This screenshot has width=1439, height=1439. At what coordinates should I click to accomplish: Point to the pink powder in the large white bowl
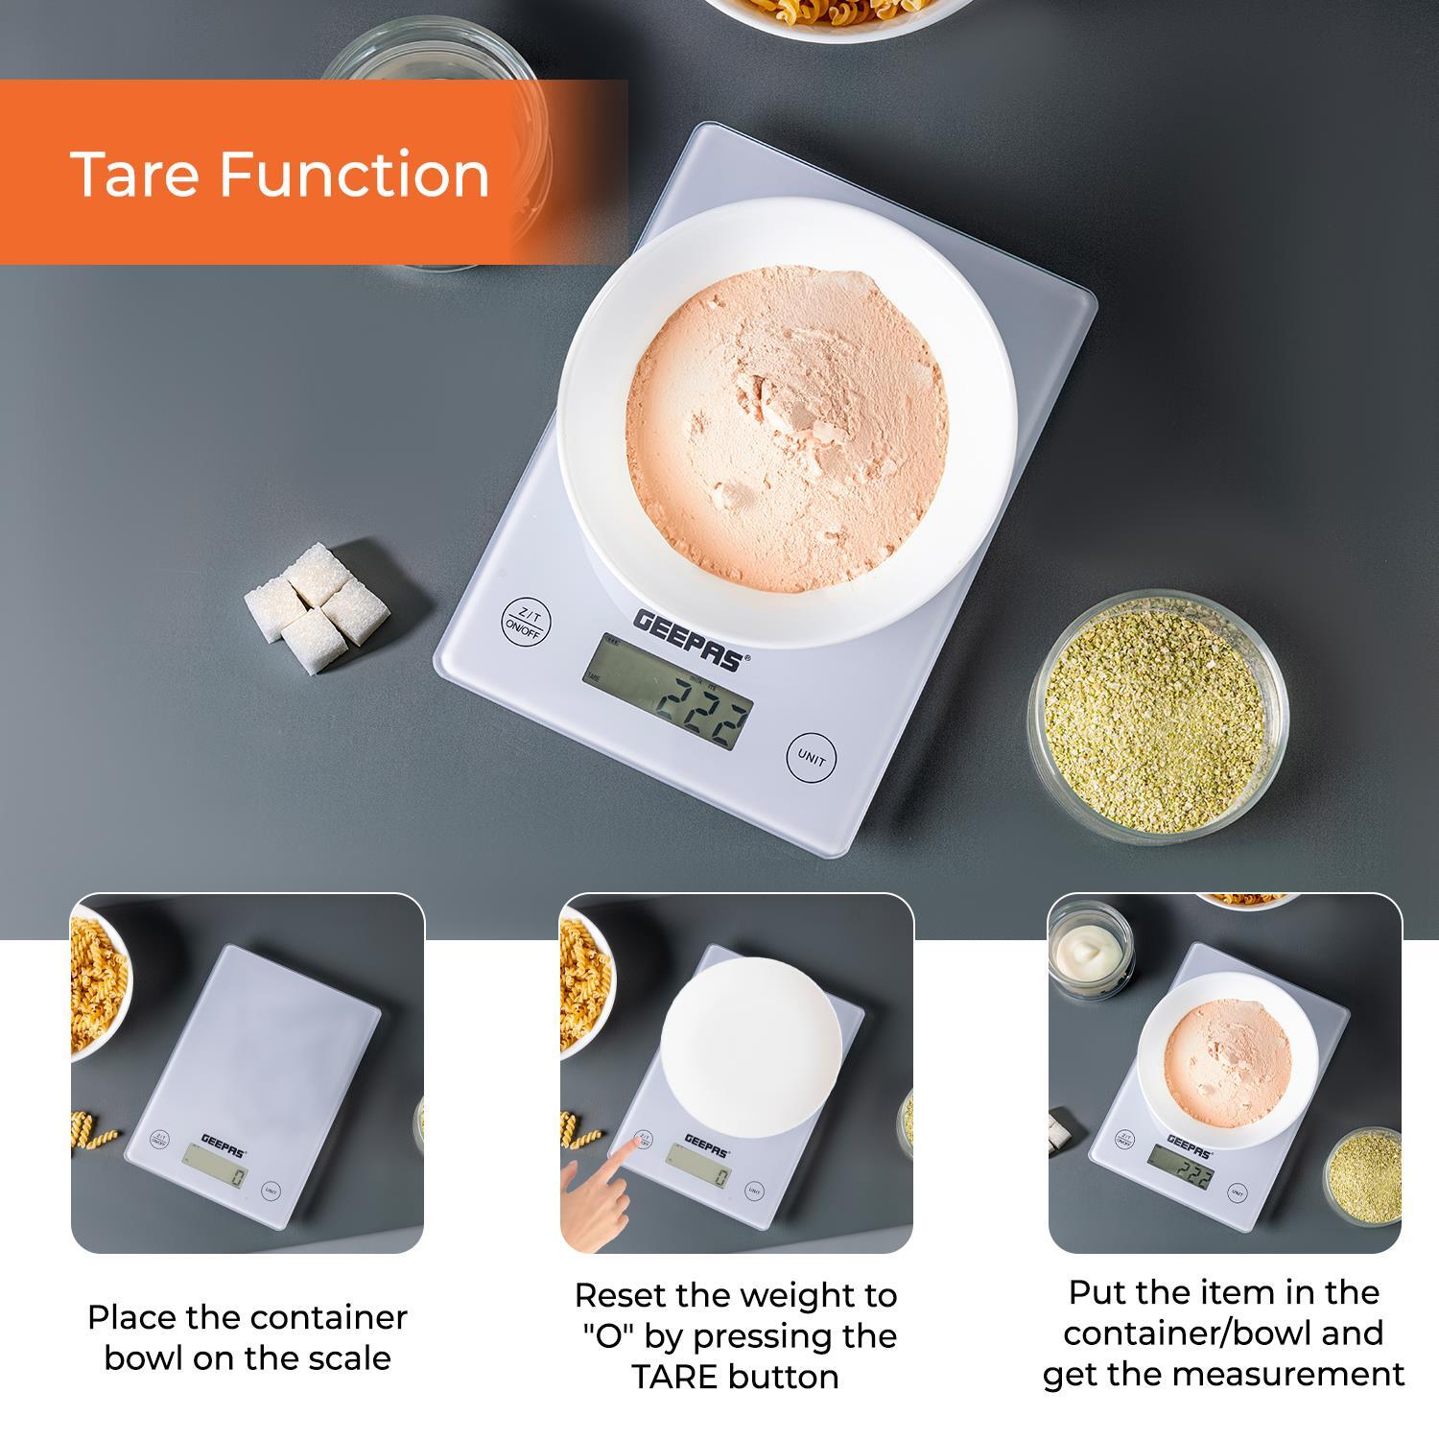point(787,422)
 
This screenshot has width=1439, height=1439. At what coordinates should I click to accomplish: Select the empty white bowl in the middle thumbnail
point(751,1045)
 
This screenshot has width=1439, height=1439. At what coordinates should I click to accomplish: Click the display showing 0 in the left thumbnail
point(216,1175)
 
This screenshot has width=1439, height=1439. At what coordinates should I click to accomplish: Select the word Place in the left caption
point(131,1317)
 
